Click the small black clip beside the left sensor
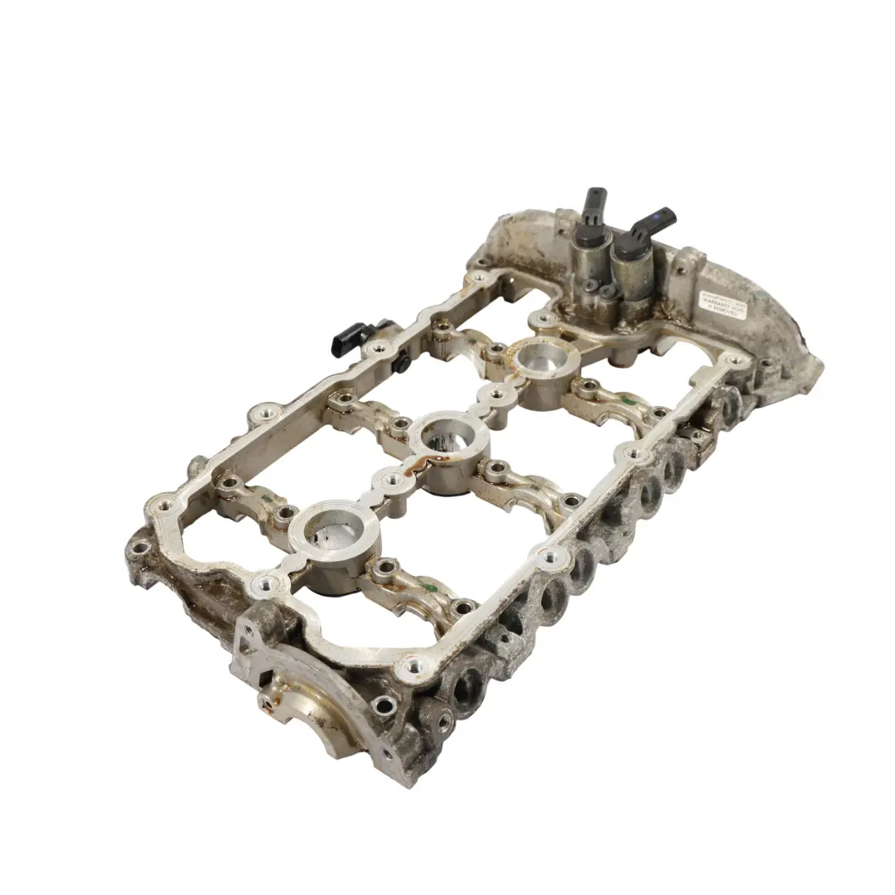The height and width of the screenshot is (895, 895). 403,362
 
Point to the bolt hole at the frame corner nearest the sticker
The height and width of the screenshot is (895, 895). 732,361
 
